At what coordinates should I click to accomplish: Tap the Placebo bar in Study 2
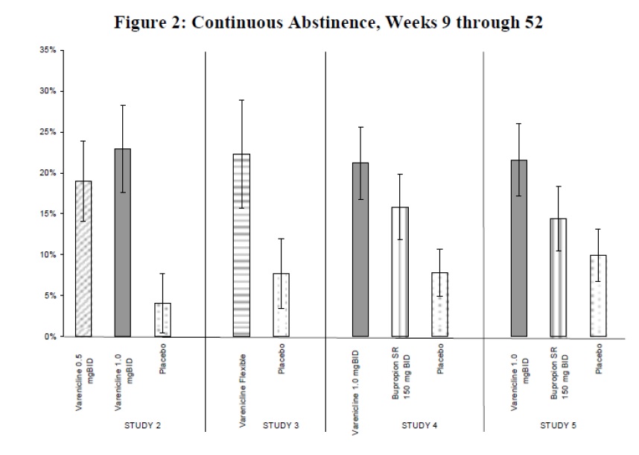coord(163,320)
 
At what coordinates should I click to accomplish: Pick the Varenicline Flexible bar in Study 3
coord(242,245)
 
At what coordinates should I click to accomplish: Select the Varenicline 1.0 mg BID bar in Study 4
coord(361,250)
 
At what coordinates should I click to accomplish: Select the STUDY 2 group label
coord(141,426)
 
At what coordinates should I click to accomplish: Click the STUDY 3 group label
coord(282,426)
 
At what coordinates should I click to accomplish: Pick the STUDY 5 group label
coord(559,426)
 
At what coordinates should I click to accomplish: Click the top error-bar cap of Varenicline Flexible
coord(242,100)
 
